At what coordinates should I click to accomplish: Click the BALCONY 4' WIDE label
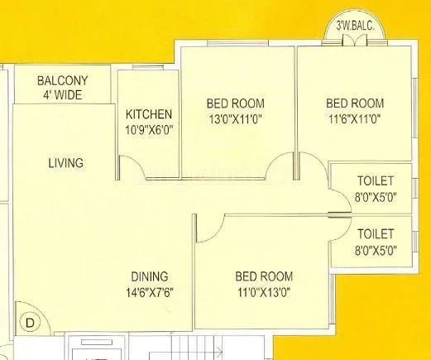point(63,87)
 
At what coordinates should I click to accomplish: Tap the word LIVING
point(65,163)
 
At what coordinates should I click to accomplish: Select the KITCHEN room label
point(149,114)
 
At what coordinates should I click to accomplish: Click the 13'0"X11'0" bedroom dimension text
point(236,118)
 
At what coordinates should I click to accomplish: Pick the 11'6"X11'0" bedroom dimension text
point(355,118)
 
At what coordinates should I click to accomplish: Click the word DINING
point(149,276)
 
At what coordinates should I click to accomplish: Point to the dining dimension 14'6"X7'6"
point(149,291)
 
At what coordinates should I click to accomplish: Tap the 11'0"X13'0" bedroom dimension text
point(262,291)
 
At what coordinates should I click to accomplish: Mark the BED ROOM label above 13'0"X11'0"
point(236,103)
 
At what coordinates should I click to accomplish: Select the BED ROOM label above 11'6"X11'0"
point(355,103)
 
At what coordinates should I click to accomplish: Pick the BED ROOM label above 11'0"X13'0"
point(262,276)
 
